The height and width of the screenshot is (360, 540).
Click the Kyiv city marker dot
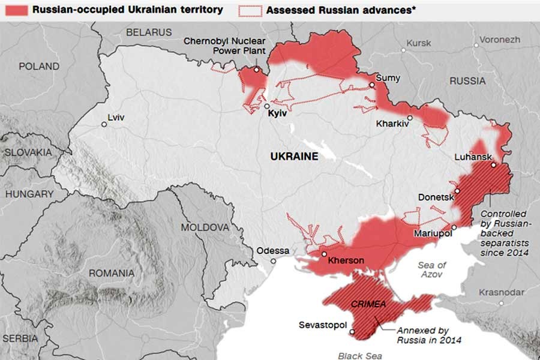[267, 106]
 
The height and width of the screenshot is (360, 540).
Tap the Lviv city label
[116, 117]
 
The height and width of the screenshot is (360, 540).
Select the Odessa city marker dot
[274, 261]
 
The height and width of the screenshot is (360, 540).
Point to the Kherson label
[346, 260]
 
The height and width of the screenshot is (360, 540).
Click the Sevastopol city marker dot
[353, 332]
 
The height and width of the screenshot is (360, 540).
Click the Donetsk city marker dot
[457, 191]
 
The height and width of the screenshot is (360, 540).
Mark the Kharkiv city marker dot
[410, 118]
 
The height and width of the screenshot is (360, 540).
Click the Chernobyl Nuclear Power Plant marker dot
[256, 70]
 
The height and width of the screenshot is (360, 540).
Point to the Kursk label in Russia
[418, 43]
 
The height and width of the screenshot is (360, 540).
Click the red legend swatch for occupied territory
[14, 10]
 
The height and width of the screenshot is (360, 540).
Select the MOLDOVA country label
[205, 227]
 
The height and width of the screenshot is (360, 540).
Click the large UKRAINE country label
[293, 156]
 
